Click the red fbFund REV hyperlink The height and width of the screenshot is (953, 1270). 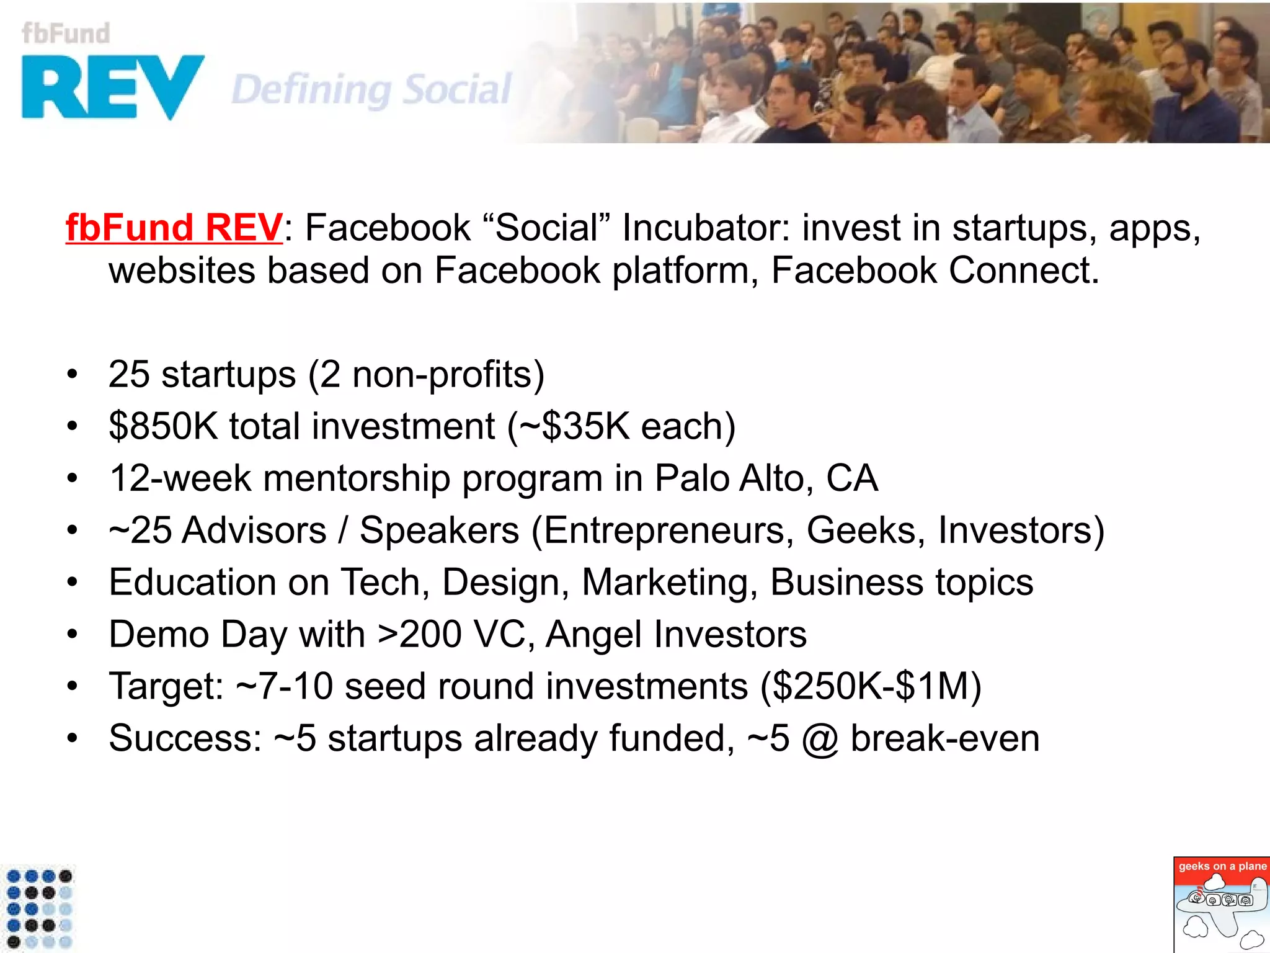point(174,228)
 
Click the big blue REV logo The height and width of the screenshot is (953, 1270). point(112,87)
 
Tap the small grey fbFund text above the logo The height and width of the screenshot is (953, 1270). point(66,34)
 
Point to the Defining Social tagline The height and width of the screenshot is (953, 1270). point(371,89)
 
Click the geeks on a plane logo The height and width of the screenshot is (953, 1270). point(1221,904)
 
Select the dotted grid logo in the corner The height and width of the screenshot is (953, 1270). point(38,909)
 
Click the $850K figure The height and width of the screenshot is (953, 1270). point(163,427)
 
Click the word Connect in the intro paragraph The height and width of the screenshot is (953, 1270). point(1023,271)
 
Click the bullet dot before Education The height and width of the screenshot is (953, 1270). point(73,583)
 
